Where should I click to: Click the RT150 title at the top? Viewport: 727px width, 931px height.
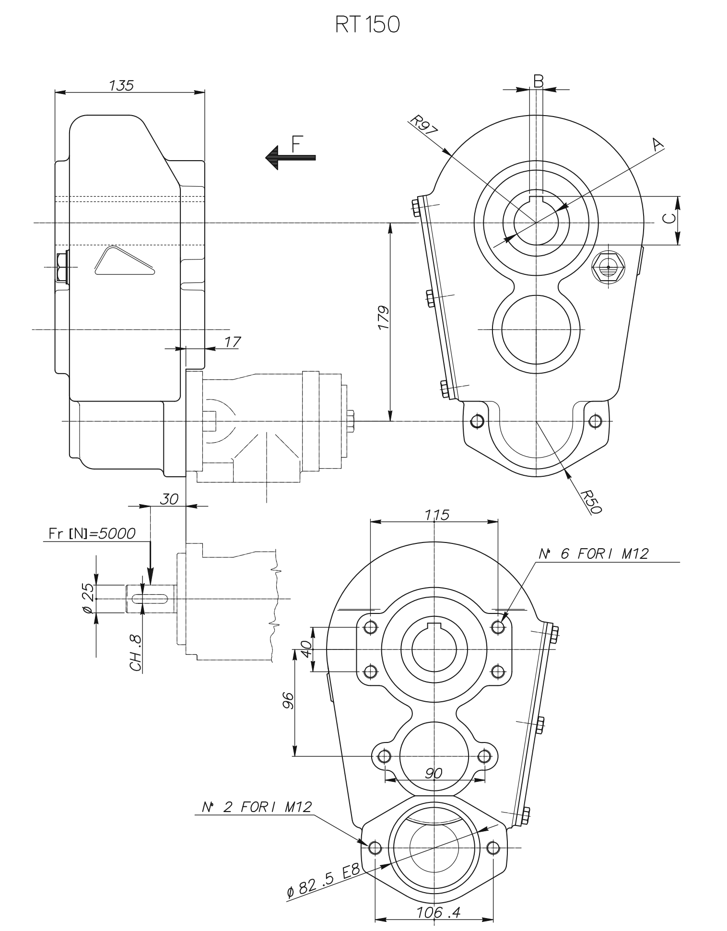(x=367, y=25)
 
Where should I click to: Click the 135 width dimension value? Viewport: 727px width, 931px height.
(x=121, y=85)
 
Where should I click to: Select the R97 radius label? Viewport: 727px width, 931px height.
(x=423, y=126)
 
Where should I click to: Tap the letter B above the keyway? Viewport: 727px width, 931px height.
(x=539, y=81)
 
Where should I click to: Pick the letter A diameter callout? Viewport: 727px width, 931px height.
(x=657, y=143)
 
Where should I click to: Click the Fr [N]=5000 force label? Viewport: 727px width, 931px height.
(x=92, y=533)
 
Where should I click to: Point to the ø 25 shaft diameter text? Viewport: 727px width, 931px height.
(x=88, y=599)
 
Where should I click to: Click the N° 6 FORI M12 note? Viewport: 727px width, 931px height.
(x=593, y=554)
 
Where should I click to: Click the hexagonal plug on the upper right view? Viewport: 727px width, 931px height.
(x=608, y=267)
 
